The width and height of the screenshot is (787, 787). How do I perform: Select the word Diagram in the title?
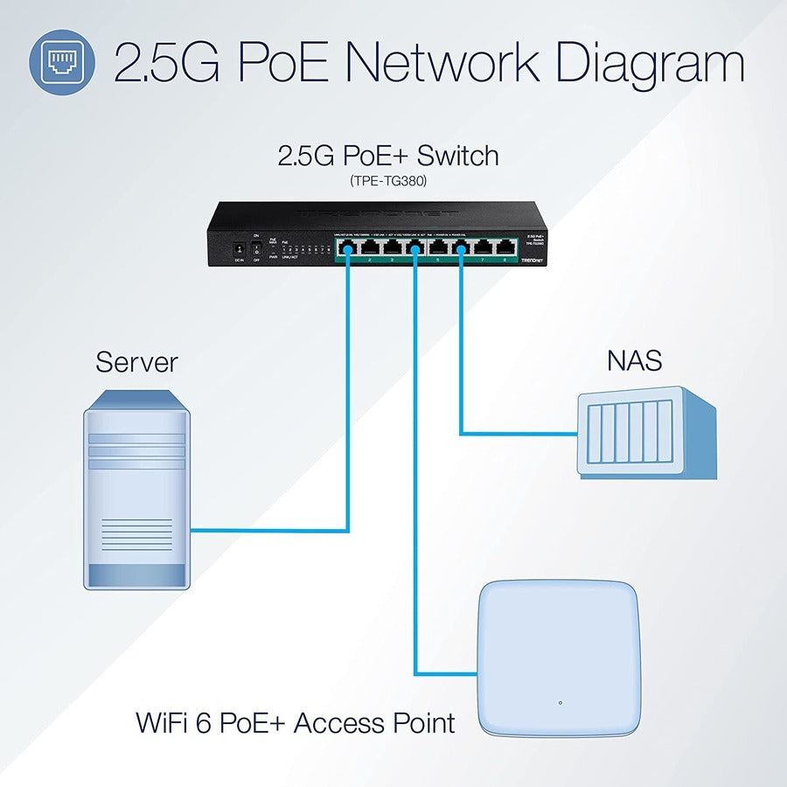coord(649,63)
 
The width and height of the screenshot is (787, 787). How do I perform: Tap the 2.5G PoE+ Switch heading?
coord(388,157)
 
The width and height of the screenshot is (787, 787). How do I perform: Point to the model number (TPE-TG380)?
coord(388,181)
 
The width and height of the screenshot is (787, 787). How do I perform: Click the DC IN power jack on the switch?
coord(235,250)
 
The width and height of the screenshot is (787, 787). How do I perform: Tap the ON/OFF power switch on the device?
coord(256,248)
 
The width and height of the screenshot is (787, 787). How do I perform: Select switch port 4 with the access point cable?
coord(414,247)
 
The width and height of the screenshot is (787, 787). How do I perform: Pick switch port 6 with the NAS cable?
coord(459,247)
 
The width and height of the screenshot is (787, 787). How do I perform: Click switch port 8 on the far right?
coord(505,247)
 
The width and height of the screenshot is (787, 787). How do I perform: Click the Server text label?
coord(136,361)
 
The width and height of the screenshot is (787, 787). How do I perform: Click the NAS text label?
coord(634,359)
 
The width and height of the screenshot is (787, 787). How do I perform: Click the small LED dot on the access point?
coord(560,702)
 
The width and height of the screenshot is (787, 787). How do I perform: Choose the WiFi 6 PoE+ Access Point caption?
coord(296,723)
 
